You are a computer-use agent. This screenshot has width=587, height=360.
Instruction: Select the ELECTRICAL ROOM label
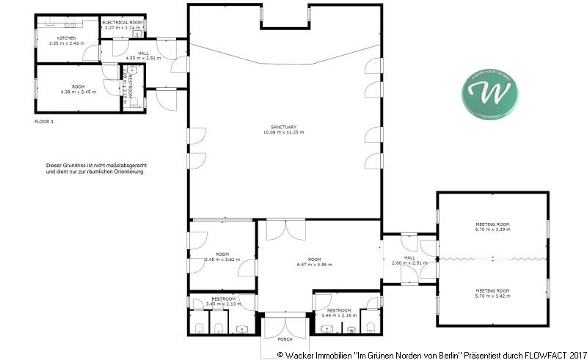(122, 23)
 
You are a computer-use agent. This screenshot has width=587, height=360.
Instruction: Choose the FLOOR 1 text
(44, 121)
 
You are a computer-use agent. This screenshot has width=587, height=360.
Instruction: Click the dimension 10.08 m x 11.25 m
(282, 133)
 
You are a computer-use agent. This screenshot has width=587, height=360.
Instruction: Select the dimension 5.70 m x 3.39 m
(492, 229)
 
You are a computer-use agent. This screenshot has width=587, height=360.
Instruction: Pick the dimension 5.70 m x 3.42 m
(492, 295)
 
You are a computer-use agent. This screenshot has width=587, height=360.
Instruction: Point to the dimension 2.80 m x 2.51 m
(409, 262)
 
